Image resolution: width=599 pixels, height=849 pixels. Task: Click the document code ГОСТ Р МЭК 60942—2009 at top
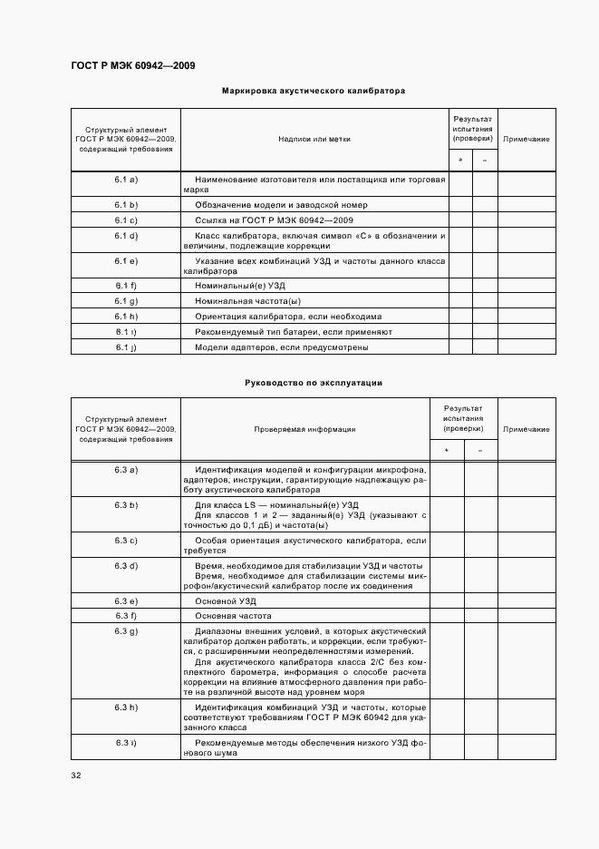pos(132,66)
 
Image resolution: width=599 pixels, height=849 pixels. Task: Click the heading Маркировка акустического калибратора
pos(314,91)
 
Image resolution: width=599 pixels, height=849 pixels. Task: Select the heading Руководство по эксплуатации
pos(314,383)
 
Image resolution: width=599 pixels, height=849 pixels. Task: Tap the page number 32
pos(76,776)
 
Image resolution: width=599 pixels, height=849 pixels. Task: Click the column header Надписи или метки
pos(314,139)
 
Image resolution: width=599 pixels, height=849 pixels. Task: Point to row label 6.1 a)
pos(126,181)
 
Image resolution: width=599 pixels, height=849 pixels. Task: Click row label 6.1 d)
pos(126,236)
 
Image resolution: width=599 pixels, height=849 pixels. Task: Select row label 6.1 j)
pos(126,346)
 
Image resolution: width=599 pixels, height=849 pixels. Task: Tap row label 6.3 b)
pos(126,504)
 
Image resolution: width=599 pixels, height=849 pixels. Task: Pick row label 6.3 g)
pos(126,630)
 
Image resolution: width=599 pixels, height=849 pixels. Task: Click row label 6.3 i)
pos(126,744)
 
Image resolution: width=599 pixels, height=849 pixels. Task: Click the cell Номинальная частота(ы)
pos(247,301)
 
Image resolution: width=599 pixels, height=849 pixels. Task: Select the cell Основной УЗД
pos(226,601)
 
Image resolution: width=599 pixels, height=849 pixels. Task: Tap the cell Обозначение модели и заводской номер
pos(281,205)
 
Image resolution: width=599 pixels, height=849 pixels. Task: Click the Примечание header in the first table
pos(527,139)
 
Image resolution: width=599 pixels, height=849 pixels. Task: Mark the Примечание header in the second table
pos(527,429)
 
